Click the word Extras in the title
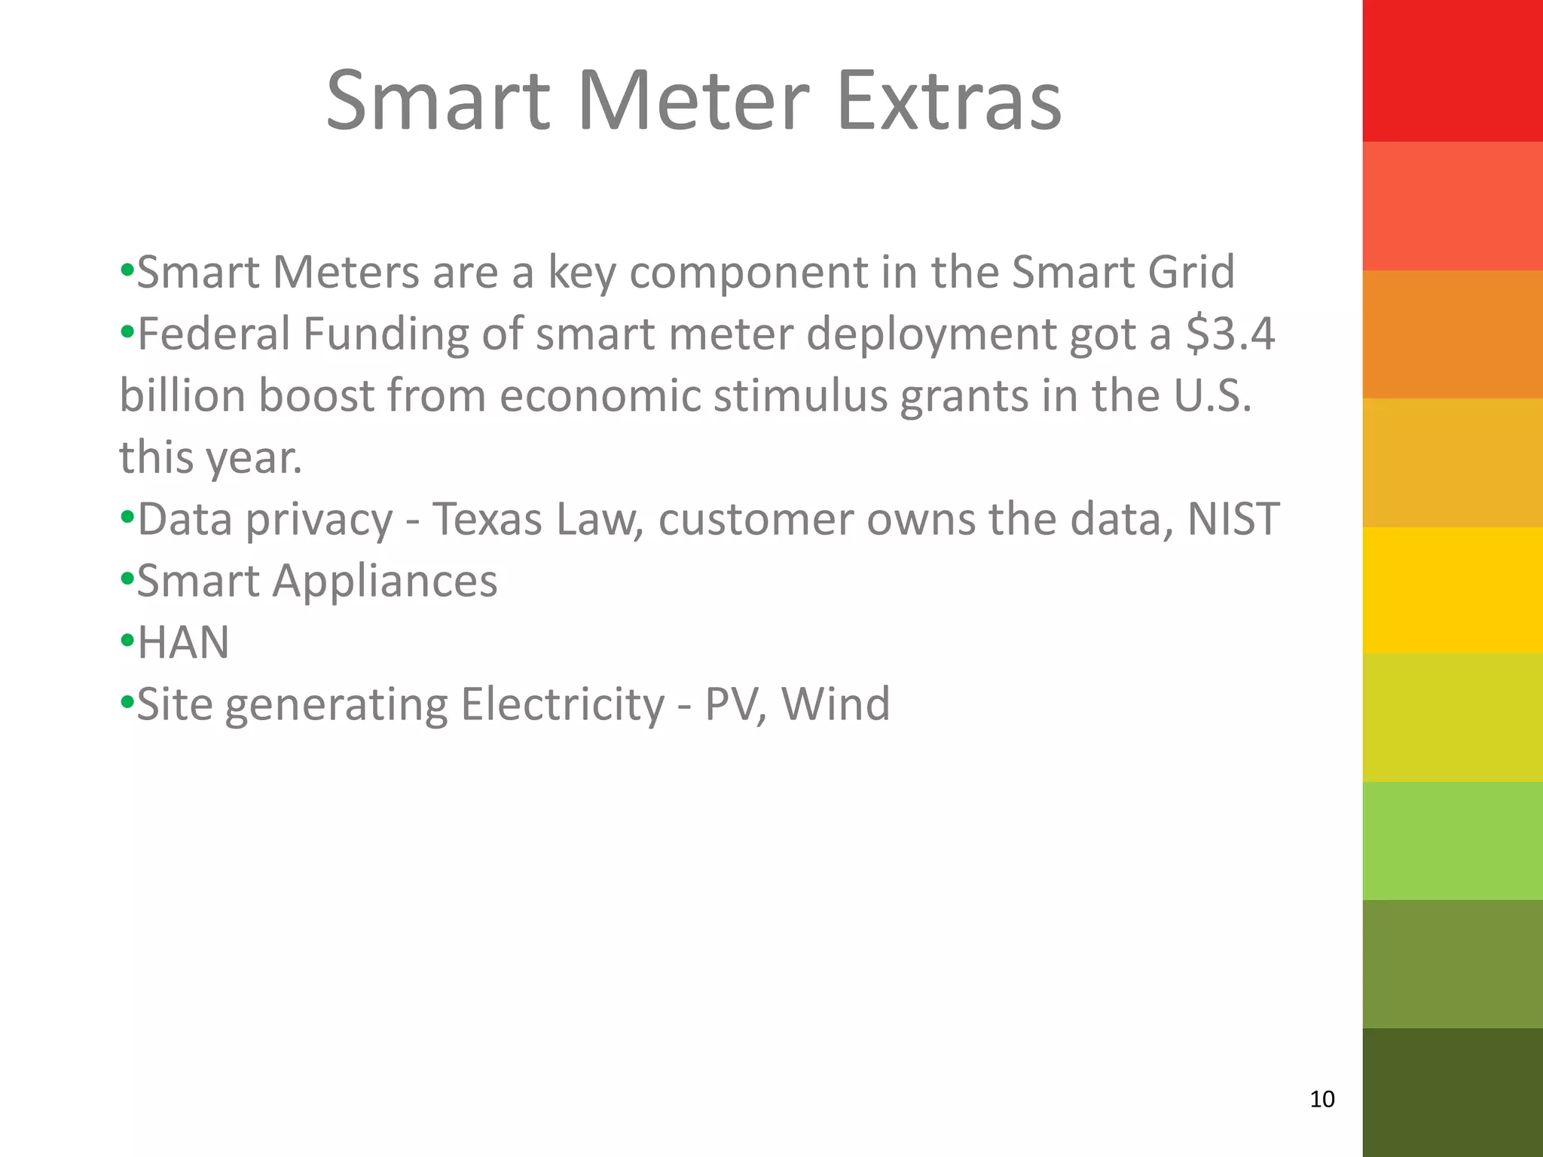[949, 102]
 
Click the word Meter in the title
[692, 102]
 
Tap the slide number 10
[1322, 1099]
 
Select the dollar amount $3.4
[1230, 334]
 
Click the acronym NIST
[1233, 519]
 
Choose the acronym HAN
[183, 643]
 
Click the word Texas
[487, 519]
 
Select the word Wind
[836, 704]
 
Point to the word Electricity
[563, 704]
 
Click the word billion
[182, 395]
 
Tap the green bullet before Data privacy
[127, 517]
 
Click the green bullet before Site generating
[127, 703]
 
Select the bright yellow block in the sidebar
[1453, 590]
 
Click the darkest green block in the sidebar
[1453, 1092]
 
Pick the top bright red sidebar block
[1453, 71]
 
